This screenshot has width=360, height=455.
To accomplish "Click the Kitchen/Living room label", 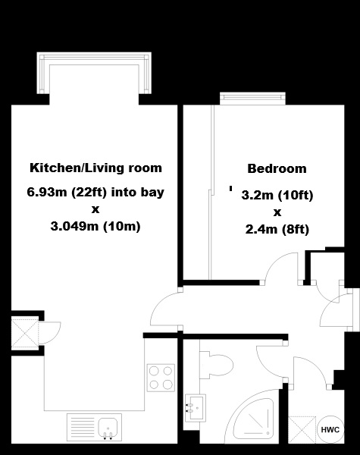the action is click(x=95, y=168).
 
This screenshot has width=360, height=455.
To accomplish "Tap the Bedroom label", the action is click(x=277, y=168).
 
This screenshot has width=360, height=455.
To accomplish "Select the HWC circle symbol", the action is click(x=330, y=429).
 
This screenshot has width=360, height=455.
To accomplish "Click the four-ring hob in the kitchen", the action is click(x=161, y=378).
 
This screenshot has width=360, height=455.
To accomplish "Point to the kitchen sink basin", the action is click(x=108, y=426).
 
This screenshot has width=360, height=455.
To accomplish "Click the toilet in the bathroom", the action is click(x=217, y=365).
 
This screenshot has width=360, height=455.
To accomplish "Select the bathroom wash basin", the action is click(x=196, y=407).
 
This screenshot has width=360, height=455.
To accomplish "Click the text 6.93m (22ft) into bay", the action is click(x=95, y=192).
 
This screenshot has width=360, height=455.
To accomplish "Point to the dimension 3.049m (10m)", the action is click(x=95, y=226).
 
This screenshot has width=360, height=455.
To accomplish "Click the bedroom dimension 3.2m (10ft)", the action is click(x=277, y=196).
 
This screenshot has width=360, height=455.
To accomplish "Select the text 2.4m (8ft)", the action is click(x=277, y=230).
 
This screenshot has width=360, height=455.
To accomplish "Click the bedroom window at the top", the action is click(x=252, y=99).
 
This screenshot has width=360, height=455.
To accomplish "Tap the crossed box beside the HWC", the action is click(x=302, y=430).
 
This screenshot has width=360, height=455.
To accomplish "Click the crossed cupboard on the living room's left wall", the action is click(x=25, y=333).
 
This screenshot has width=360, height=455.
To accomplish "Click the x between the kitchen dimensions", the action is click(x=95, y=209).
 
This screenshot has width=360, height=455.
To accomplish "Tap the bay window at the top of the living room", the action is click(x=94, y=73).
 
